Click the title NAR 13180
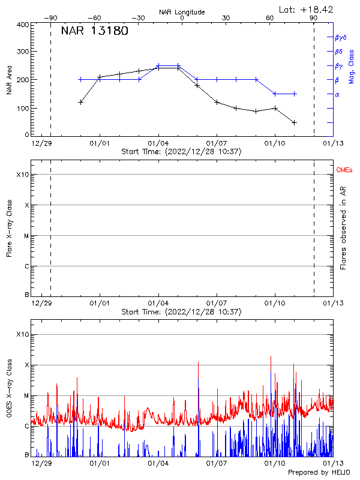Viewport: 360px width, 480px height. [x=94, y=31]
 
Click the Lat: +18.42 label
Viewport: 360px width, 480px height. [x=307, y=9]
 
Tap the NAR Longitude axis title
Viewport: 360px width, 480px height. [x=182, y=11]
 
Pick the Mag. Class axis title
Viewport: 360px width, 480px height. [x=352, y=67]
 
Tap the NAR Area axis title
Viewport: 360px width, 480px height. [x=9, y=80]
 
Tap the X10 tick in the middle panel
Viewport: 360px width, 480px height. [x=22, y=175]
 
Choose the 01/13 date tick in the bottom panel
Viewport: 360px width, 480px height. [x=333, y=463]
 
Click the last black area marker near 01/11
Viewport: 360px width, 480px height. [x=294, y=122]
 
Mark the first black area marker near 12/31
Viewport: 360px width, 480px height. [x=80, y=103]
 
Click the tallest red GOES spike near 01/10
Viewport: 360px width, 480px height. [x=271, y=356]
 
